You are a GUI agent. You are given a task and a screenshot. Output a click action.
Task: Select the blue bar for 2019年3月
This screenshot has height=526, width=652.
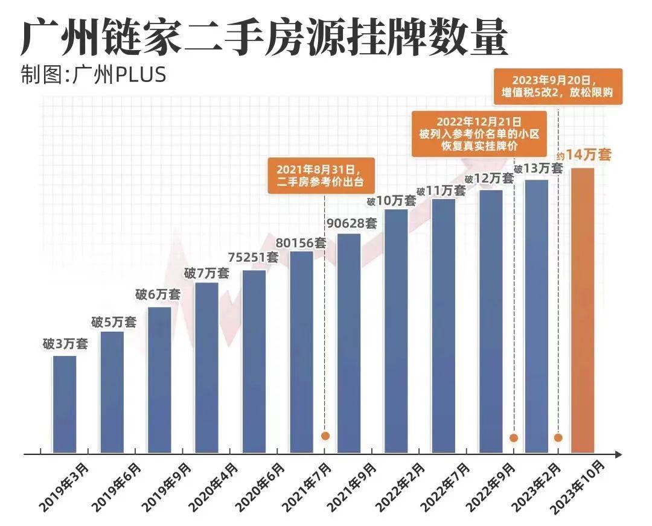65,404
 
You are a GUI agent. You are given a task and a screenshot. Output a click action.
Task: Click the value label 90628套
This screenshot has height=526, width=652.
351,223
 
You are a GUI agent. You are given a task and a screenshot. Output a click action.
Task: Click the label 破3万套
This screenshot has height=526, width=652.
65,345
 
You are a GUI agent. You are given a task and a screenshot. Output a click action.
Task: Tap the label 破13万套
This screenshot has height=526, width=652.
538,169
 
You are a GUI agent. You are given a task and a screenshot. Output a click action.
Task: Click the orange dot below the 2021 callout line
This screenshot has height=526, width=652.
325,436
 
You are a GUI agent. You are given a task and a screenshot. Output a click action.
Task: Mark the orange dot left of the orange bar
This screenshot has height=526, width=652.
558,438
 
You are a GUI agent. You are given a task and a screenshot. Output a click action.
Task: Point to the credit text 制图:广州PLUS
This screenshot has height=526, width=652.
93,75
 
